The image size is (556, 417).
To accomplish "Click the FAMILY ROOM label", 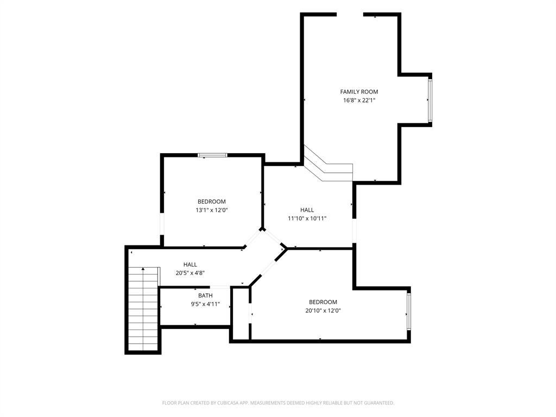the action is [x=359, y=92].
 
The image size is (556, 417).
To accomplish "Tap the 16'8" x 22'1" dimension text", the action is [x=359, y=100].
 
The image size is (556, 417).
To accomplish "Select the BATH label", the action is [x=205, y=295].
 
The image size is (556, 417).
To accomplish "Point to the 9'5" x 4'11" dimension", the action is [x=205, y=304].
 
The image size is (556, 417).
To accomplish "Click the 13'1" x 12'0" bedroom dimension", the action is [x=212, y=210].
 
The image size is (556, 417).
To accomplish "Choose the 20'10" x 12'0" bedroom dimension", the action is [x=323, y=311].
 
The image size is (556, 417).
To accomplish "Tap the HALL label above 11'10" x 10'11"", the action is [x=307, y=210].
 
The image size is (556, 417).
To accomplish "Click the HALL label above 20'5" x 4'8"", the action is [x=190, y=264].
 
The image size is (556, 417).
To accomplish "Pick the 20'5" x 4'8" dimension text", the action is [x=190, y=273].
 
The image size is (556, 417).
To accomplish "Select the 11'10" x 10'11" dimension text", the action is [x=307, y=218].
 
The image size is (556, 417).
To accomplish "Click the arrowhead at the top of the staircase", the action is [x=143, y=269].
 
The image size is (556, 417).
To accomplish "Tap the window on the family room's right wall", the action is [x=430, y=100].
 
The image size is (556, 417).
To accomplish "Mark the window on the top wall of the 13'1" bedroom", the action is [x=212, y=155].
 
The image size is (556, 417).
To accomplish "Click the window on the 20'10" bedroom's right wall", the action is [x=409, y=312].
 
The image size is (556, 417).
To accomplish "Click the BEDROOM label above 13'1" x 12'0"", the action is [x=212, y=201].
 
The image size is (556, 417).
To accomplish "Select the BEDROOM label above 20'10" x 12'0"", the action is [x=323, y=302].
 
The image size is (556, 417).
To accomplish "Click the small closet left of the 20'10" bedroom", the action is [x=241, y=314].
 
